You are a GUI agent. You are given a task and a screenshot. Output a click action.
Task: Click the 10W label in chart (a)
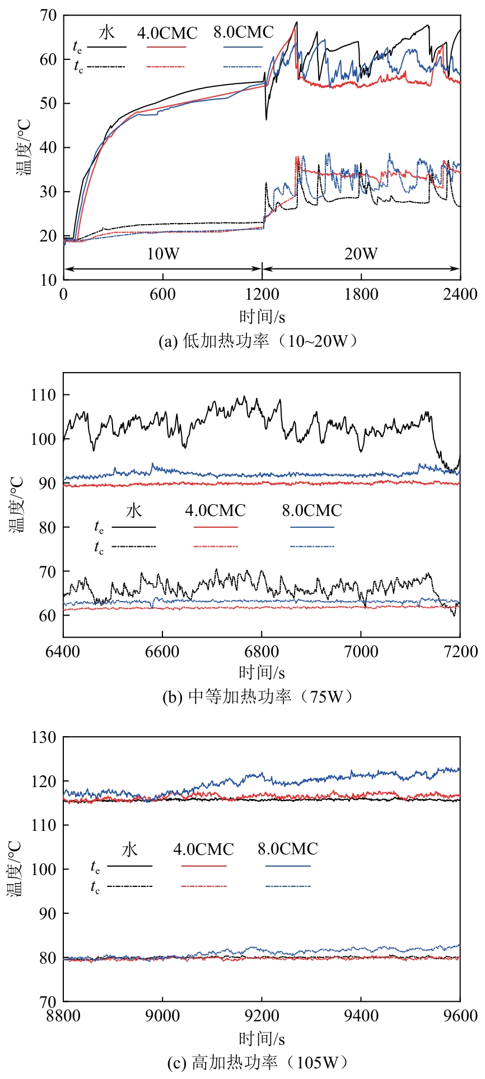[x=163, y=254]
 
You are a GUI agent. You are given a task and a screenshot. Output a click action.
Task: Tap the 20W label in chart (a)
[x=361, y=254]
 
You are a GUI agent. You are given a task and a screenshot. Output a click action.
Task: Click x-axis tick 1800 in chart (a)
[x=361, y=294]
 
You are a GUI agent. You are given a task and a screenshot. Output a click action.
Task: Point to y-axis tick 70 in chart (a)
[x=48, y=16]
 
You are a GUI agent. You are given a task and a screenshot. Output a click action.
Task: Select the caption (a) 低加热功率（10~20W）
[x=259, y=341]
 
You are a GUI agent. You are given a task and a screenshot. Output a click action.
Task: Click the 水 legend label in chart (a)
[x=106, y=32]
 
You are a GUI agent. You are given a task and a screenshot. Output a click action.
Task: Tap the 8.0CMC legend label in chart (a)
[x=243, y=32]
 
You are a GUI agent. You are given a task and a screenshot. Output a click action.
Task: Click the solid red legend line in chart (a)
[x=166, y=47]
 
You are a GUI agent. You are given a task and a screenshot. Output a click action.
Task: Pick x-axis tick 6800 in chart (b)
[x=262, y=651]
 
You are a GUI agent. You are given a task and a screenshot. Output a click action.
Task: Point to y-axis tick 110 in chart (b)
[x=44, y=395]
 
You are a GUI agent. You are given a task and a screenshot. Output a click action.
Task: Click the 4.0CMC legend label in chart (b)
[x=215, y=510]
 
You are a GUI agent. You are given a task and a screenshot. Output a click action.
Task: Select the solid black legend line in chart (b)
[x=134, y=527]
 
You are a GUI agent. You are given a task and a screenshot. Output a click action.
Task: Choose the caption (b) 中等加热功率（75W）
[x=259, y=696]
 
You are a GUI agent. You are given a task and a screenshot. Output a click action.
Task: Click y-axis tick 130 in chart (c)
[x=44, y=737]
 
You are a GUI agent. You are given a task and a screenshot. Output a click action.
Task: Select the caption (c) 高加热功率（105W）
[x=259, y=1062]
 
